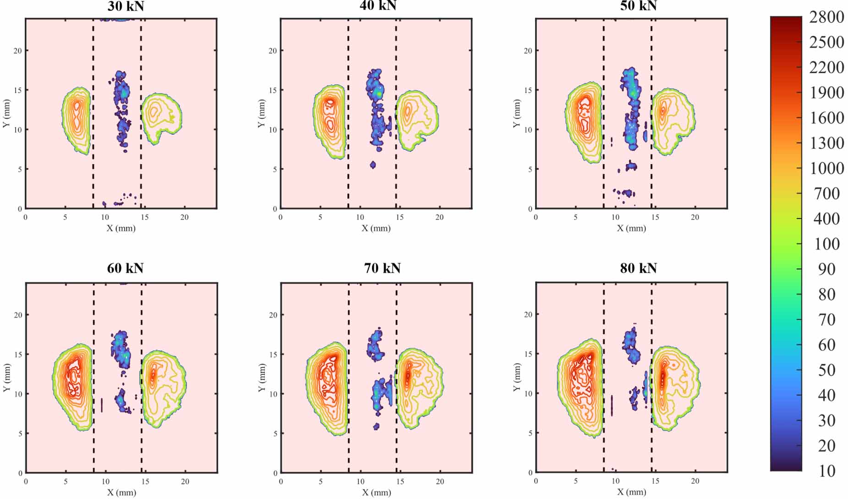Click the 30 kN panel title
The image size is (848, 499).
click(126, 6)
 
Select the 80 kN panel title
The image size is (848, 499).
click(638, 268)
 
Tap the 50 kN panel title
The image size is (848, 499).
click(638, 6)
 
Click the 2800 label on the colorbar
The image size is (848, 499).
click(826, 17)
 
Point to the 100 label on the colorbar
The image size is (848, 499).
click(826, 244)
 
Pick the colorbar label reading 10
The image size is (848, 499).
click(826, 471)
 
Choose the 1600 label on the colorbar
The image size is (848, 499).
click(826, 118)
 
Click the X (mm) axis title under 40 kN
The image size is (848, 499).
click(376, 228)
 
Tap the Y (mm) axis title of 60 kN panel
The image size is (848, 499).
click(6, 378)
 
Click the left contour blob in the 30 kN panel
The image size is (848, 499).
click(77, 121)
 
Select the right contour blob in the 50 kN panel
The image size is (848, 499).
click(672, 121)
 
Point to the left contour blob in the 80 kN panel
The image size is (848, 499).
click(580, 388)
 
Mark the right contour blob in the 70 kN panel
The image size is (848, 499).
click(418, 389)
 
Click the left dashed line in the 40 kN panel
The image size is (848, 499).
click(348, 114)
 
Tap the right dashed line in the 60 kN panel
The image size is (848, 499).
click(142, 378)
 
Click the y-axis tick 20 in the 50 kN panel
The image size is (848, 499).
click(528, 50)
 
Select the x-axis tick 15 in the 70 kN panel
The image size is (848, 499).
click(400, 482)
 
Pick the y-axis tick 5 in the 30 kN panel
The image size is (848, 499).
click(20, 169)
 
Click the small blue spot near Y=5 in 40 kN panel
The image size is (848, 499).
click(373, 165)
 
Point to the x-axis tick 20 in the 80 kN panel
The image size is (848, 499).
click(695, 481)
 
